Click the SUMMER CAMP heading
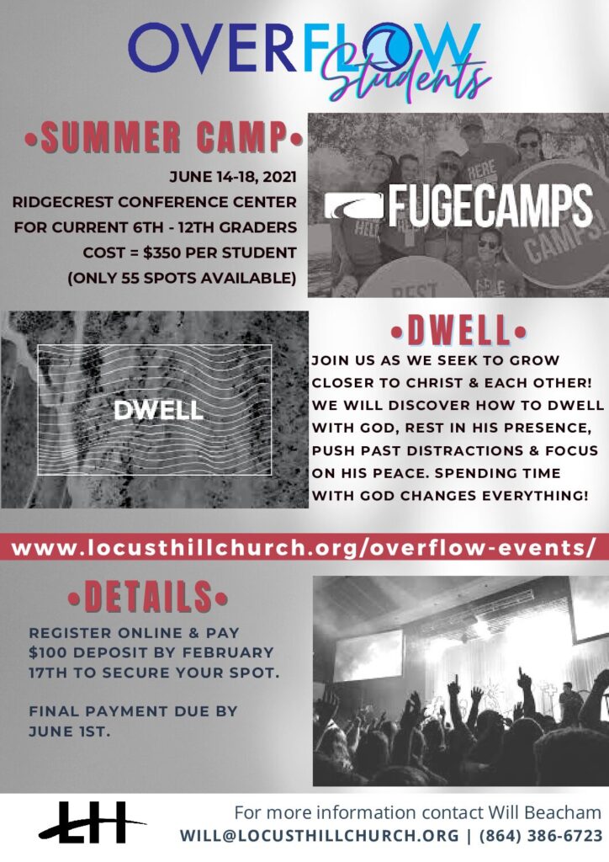pyautogui.click(x=164, y=136)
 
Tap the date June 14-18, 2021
pyautogui.click(x=233, y=177)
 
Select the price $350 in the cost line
pyautogui.click(x=162, y=253)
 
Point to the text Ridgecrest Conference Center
pyautogui.click(x=154, y=202)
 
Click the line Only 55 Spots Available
pyautogui.click(x=182, y=278)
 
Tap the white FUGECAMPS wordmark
pyautogui.click(x=490, y=206)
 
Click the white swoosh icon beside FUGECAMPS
pyautogui.click(x=353, y=207)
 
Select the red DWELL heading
pyautogui.click(x=458, y=331)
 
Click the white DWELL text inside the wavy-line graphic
pyautogui.click(x=159, y=411)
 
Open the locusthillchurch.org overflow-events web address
pyautogui.click(x=303, y=549)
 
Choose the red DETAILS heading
pyautogui.click(x=148, y=597)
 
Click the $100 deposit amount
pyautogui.click(x=48, y=652)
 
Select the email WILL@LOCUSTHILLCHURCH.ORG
pyautogui.click(x=319, y=836)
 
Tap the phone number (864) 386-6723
pyautogui.click(x=541, y=836)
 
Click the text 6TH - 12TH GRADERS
pyautogui.click(x=214, y=227)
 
